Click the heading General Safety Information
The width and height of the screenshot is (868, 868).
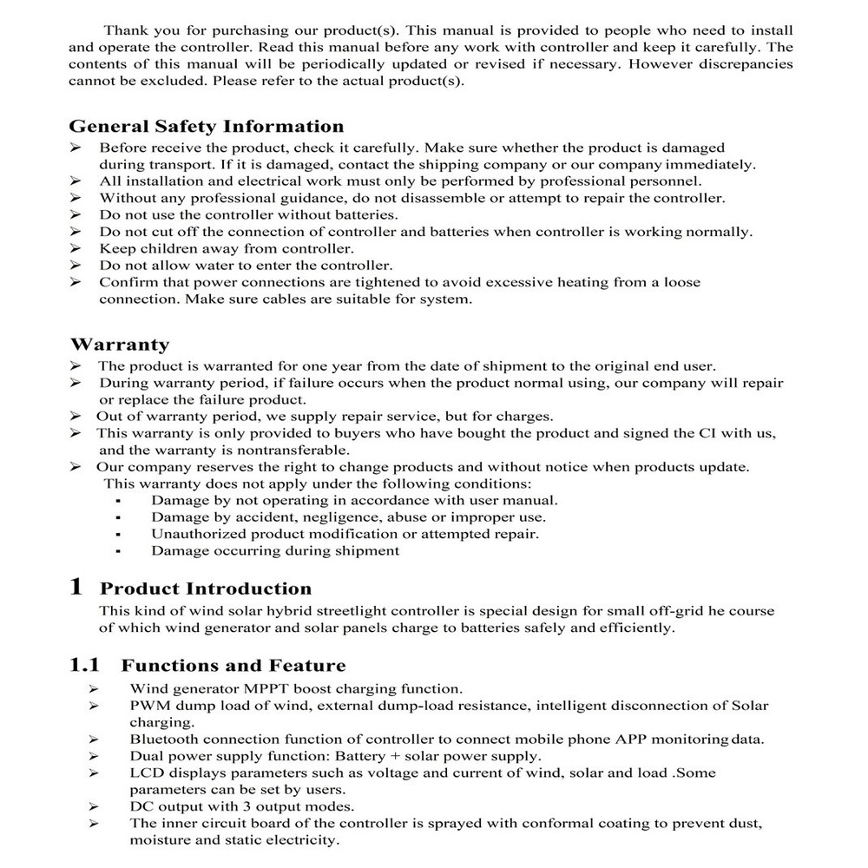click(x=207, y=127)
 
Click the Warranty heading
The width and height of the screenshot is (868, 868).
click(x=120, y=345)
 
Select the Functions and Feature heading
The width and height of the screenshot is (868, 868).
click(x=233, y=666)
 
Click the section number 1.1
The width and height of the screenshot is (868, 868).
click(x=85, y=666)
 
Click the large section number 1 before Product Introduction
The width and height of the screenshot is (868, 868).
click(x=76, y=588)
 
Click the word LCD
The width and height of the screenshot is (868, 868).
click(x=145, y=773)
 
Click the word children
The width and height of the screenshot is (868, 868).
click(x=167, y=248)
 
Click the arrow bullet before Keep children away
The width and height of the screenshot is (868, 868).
click(x=76, y=248)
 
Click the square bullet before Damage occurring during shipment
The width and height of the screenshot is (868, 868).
click(x=117, y=551)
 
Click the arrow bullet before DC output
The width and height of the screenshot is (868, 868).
click(x=93, y=806)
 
